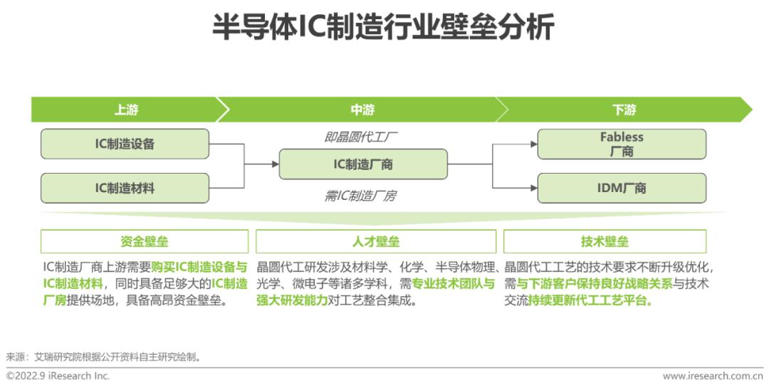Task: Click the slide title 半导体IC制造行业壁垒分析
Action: (383, 26)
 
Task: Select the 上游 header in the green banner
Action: (126, 110)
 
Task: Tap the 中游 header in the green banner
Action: (362, 110)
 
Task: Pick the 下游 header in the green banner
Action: (624, 110)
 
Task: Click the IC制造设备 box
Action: (125, 144)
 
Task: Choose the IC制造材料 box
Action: (125, 188)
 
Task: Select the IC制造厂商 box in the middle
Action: (363, 164)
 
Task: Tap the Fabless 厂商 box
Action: (622, 144)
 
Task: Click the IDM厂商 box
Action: (622, 188)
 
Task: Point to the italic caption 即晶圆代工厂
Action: (361, 137)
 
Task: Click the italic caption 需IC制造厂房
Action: (360, 196)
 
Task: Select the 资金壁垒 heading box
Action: (145, 241)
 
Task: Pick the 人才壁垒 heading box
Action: (376, 241)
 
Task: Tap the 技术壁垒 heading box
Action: (605, 241)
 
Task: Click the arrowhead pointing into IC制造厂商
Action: (276, 164)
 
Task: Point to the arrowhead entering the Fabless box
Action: (534, 144)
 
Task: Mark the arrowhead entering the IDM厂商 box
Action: (534, 188)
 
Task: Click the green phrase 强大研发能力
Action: (292, 300)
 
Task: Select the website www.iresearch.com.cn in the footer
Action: (713, 376)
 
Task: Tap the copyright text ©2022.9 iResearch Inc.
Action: (58, 376)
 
